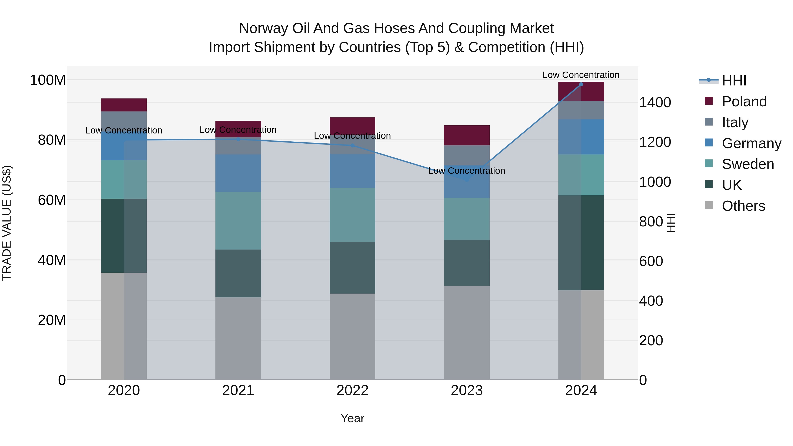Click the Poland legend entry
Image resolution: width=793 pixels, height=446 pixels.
(x=744, y=102)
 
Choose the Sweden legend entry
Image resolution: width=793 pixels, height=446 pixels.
(x=747, y=164)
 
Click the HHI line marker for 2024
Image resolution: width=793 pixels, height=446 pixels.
(x=581, y=84)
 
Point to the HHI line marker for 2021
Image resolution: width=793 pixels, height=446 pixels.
(x=238, y=139)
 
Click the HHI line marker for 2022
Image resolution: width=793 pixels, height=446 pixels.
(x=352, y=145)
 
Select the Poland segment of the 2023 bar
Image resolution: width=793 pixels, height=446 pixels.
(x=467, y=135)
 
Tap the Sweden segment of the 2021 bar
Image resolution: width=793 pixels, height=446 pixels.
(x=238, y=220)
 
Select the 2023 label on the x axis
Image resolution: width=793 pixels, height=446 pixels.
(x=467, y=390)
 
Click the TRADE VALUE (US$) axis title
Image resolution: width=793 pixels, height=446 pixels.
(x=7, y=223)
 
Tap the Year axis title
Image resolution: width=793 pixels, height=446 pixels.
(x=352, y=418)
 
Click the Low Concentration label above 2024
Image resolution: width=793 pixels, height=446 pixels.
(x=581, y=75)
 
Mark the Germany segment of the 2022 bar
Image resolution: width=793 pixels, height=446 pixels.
(x=352, y=171)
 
